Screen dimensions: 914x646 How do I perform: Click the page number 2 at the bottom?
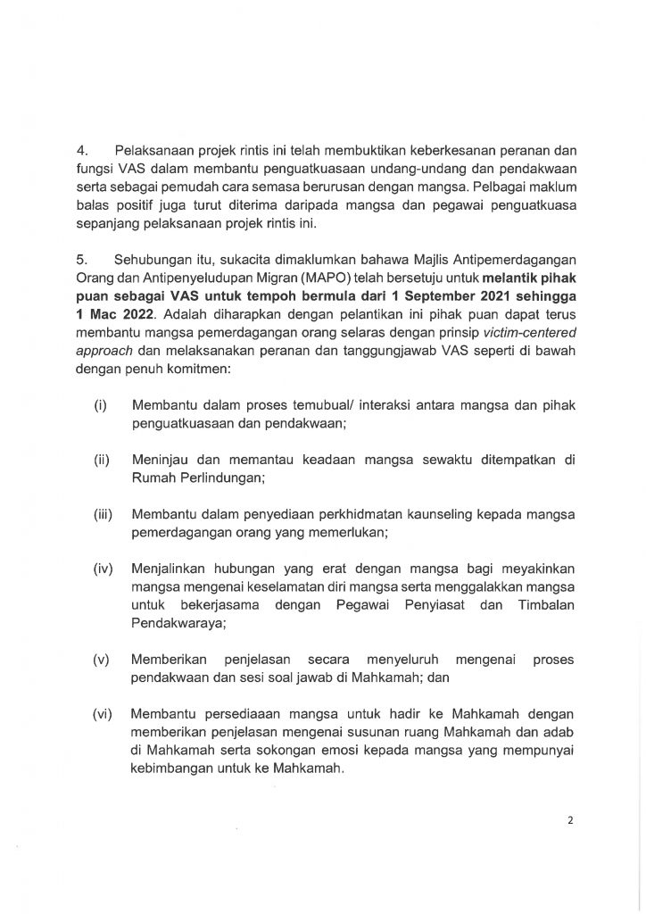click(568, 825)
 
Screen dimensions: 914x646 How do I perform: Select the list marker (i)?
click(102, 406)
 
